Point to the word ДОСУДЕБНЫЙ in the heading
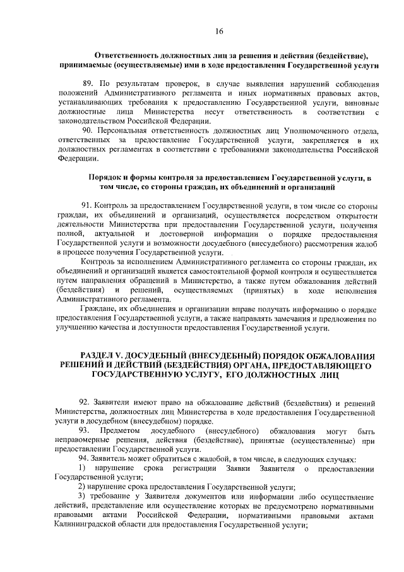pos(163,356)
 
